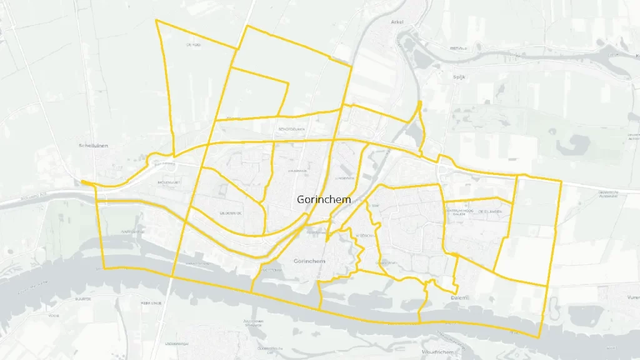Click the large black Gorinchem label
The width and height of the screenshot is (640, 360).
(x=324, y=199)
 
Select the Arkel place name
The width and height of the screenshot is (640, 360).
(x=397, y=22)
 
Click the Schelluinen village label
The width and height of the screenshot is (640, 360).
(x=94, y=146)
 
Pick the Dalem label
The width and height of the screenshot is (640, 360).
(x=459, y=298)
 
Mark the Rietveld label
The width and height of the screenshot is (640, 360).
(x=459, y=48)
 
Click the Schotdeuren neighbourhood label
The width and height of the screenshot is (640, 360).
(x=291, y=129)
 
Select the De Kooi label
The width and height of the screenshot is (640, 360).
(x=193, y=45)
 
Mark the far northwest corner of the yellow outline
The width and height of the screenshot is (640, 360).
(x=156, y=20)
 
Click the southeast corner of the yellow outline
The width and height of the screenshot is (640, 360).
(x=539, y=337)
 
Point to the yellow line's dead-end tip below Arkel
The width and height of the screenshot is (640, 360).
(x=419, y=101)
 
